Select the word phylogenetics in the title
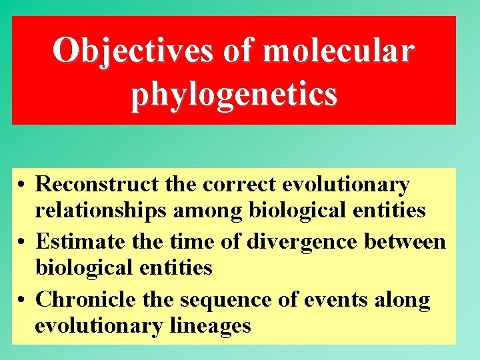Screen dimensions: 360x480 pyautogui.click(x=234, y=94)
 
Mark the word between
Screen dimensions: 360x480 pyautogui.click(x=405, y=241)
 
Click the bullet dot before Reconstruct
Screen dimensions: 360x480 pyautogui.click(x=23, y=185)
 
